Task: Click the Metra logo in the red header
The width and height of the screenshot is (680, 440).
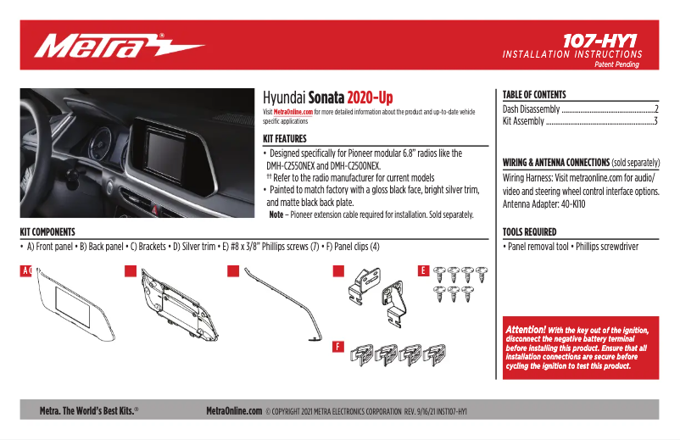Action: pyautogui.click(x=119, y=45)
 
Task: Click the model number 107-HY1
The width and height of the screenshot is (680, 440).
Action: pyautogui.click(x=599, y=39)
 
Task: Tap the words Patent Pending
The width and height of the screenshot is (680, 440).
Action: pyautogui.click(x=618, y=64)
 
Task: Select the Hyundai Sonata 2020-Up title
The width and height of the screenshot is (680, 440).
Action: pyautogui.click(x=327, y=97)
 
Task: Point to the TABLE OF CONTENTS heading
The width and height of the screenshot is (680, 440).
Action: pyautogui.click(x=534, y=95)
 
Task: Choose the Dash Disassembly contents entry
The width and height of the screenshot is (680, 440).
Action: pyautogui.click(x=532, y=109)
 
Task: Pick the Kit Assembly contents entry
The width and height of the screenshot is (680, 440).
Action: pyautogui.click(x=524, y=121)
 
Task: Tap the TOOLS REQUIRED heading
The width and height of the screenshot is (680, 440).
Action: pyautogui.click(x=530, y=231)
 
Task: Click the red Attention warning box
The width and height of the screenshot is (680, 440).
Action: pyautogui.click(x=581, y=348)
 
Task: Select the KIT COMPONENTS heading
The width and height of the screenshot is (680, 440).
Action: pyautogui.click(x=47, y=231)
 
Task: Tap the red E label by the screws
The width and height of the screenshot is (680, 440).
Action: pyautogui.click(x=423, y=271)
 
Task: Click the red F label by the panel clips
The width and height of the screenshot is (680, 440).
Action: pyautogui.click(x=337, y=346)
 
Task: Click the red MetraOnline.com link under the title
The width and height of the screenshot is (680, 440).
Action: pyautogui.click(x=293, y=111)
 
